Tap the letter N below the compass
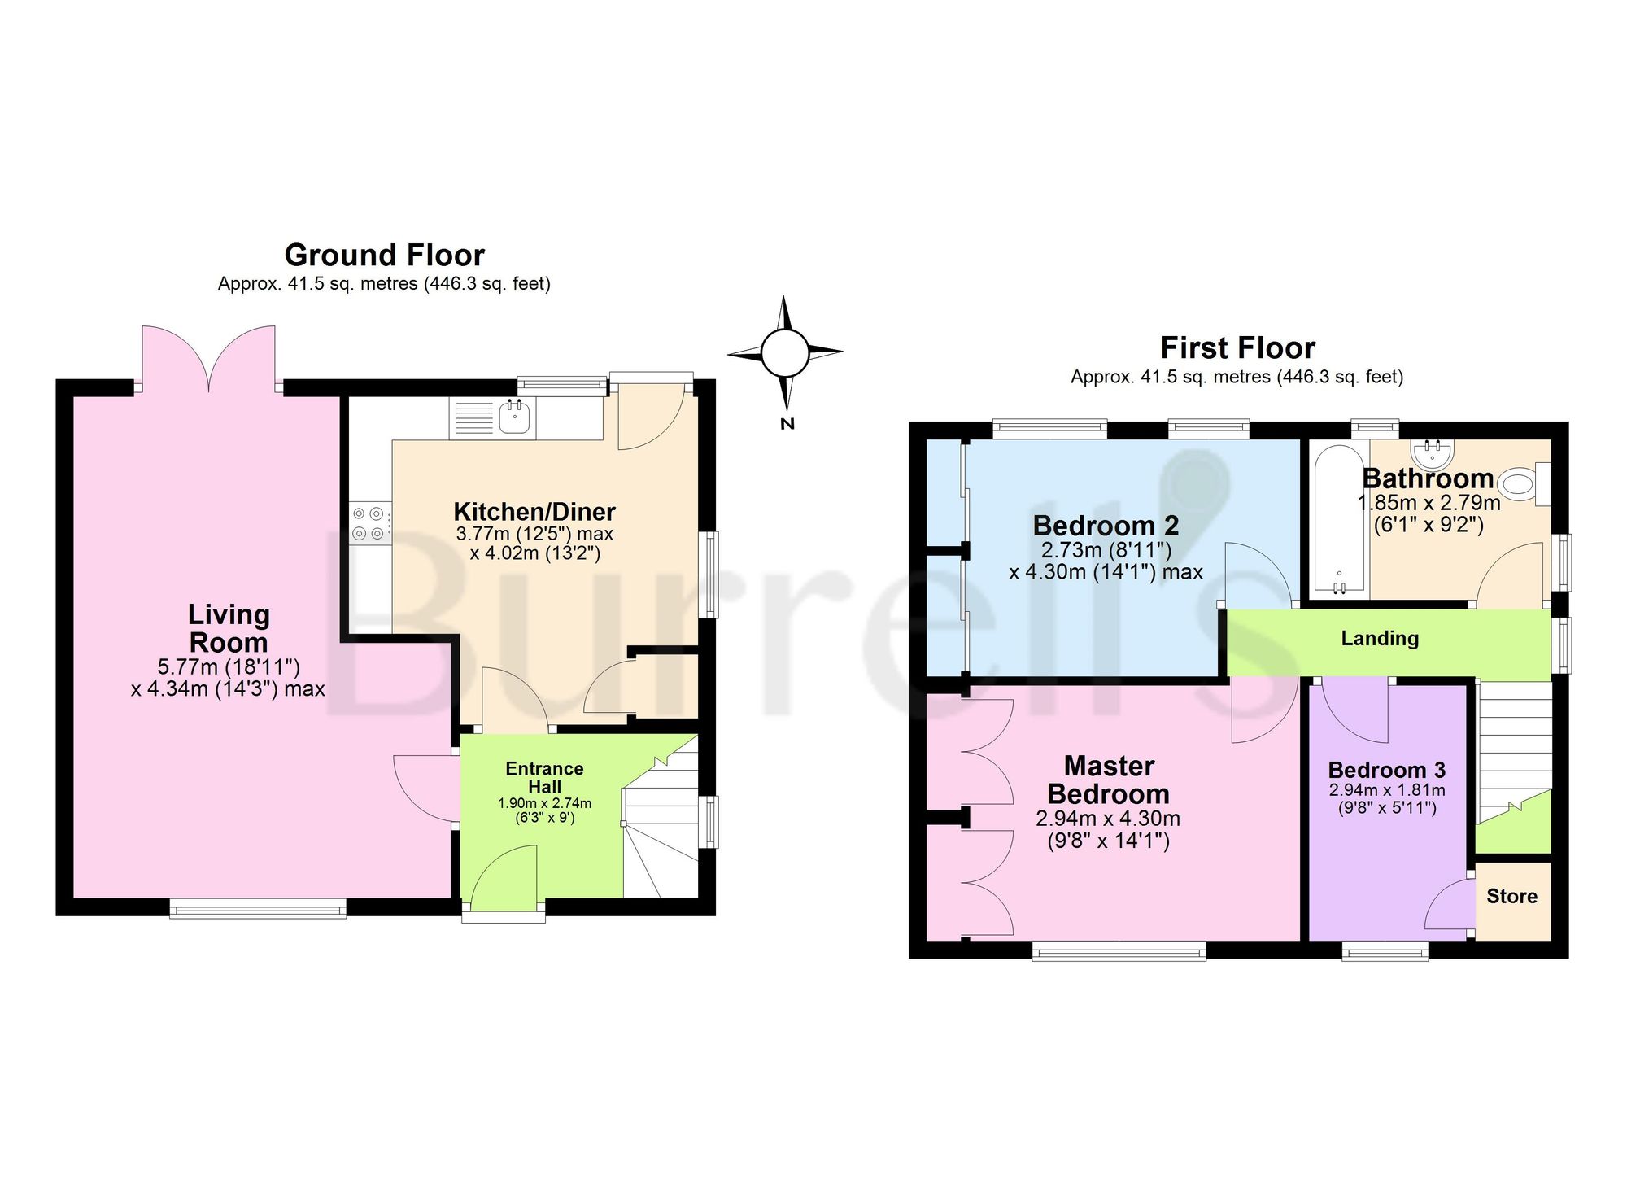point(787,424)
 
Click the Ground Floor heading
point(385,256)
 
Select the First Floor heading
point(1237,348)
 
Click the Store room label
point(1511,897)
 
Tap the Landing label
point(1380,639)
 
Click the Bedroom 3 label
point(1387,770)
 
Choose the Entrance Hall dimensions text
point(544,810)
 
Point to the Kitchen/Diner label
point(534,512)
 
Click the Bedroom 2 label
point(1106,526)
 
